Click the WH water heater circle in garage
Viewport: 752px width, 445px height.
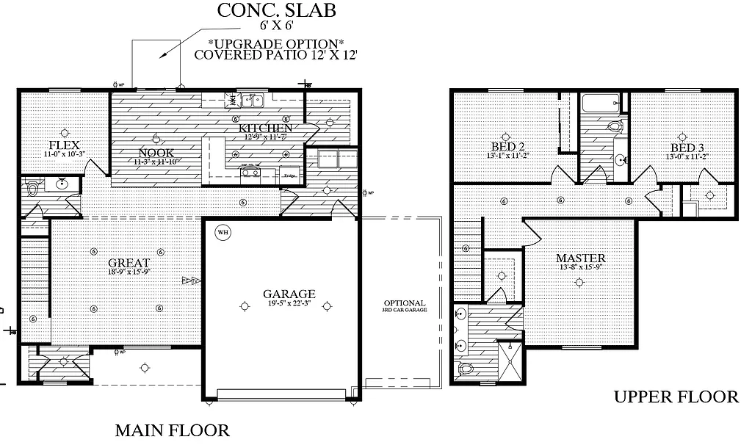tap(223, 234)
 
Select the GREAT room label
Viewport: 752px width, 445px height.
tap(129, 263)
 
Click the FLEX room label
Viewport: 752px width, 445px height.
tap(65, 145)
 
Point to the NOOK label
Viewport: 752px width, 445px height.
tap(156, 153)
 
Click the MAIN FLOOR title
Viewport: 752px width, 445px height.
tap(173, 430)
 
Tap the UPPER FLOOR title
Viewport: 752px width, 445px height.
tap(676, 397)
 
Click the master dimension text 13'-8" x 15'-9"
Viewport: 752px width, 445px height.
tap(580, 267)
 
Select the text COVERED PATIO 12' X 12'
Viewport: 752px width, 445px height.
tap(275, 54)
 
